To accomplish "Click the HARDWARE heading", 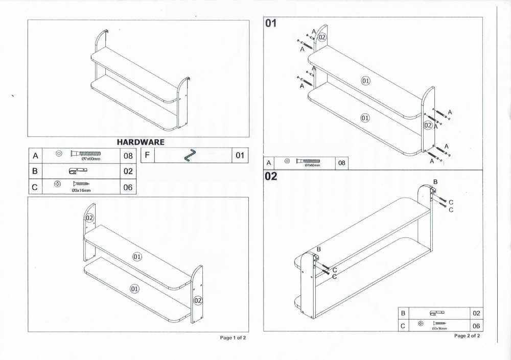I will tap(141, 142).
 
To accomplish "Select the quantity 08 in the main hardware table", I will tap(128, 155).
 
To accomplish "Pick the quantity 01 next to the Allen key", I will tap(240, 155).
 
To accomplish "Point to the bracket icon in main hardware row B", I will tap(81, 171).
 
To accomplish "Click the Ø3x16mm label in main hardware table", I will tap(82, 191).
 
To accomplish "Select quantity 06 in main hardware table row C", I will tap(128, 187).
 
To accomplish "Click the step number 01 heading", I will tap(271, 23).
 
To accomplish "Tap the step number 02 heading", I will tap(271, 177).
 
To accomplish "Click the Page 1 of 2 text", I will tap(233, 338).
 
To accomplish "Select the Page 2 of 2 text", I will tap(467, 335).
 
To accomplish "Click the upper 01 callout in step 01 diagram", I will tap(365, 81).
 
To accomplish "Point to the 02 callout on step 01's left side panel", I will tap(322, 37).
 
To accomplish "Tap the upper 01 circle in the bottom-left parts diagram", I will tap(137, 257).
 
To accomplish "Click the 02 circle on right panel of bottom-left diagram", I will tap(197, 300).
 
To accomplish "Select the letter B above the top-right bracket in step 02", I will tap(435, 182).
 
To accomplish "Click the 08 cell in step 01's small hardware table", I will tap(342, 163).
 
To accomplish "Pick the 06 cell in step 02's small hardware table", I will tap(476, 325).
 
